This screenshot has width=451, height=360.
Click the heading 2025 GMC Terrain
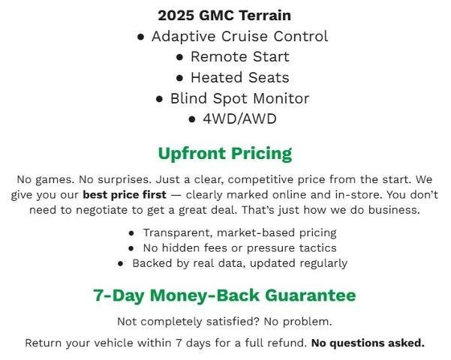click(224, 15)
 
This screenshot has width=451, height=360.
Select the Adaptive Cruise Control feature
click(239, 36)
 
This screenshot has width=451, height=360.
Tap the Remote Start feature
click(239, 56)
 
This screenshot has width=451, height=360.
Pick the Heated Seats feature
click(239, 77)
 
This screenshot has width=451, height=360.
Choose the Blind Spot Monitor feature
click(239, 98)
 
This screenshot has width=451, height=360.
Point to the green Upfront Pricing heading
click(224, 154)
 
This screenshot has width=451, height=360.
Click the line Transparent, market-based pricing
click(239, 233)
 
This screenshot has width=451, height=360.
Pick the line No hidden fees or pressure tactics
click(239, 248)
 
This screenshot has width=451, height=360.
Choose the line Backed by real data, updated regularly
click(239, 263)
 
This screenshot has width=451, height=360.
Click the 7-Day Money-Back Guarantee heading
click(224, 295)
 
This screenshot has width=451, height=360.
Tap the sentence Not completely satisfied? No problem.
click(224, 322)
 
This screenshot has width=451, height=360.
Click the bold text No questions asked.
click(368, 343)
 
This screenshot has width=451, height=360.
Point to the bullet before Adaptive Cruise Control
click(141, 37)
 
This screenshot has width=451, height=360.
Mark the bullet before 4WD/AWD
click(192, 119)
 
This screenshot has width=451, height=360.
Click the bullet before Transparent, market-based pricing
click(132, 234)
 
